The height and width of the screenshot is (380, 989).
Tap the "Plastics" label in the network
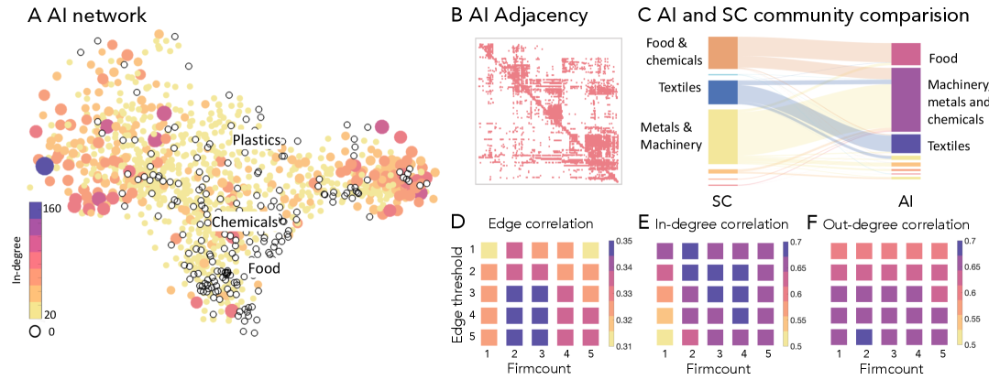[x=258, y=139]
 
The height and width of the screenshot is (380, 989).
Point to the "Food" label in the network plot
[x=264, y=268]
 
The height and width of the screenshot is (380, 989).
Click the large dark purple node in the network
[x=44, y=166]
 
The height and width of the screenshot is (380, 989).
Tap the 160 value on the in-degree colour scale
[x=51, y=208]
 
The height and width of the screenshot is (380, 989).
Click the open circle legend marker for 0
[x=35, y=331]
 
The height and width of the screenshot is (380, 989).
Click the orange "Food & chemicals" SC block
[x=723, y=53]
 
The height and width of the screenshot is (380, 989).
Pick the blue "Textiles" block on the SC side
[x=723, y=92]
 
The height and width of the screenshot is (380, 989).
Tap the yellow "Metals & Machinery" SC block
[x=723, y=136]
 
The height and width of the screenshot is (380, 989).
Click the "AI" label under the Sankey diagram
[x=906, y=199]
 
